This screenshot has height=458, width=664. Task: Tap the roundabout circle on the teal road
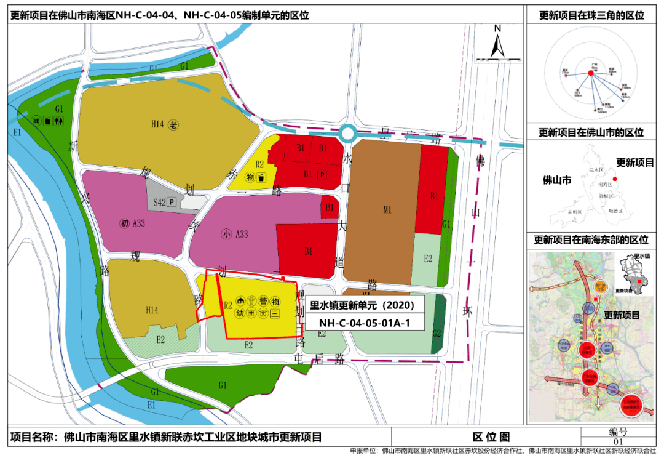click(x=348, y=133)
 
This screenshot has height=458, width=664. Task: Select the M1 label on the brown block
click(x=387, y=211)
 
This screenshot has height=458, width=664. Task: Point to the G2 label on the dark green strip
click(x=437, y=333)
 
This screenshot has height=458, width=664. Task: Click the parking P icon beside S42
click(x=172, y=201)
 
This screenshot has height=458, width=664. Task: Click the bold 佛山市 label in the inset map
click(x=557, y=180)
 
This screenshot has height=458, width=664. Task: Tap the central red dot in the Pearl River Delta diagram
click(x=590, y=73)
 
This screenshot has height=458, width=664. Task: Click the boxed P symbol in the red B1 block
click(x=321, y=175)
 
